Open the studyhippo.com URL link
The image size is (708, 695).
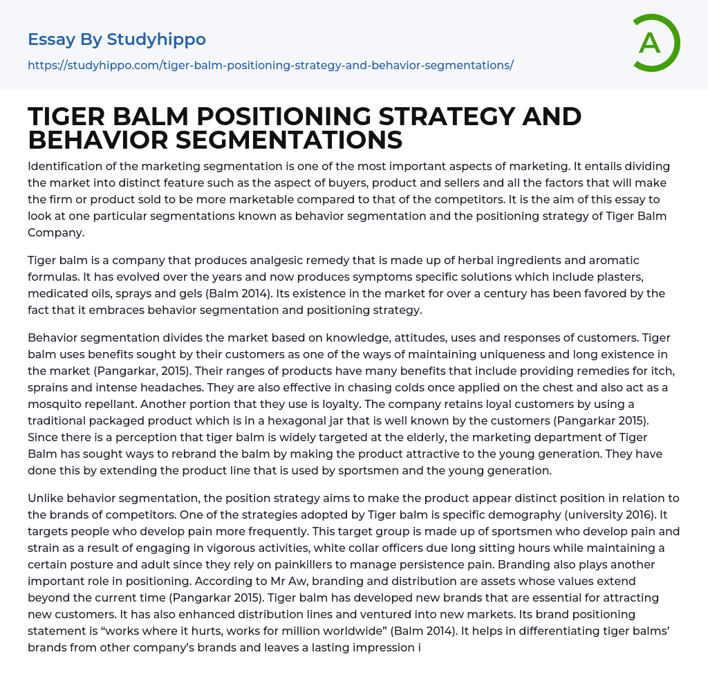(x=270, y=65)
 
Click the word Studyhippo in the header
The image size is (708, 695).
(x=156, y=39)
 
